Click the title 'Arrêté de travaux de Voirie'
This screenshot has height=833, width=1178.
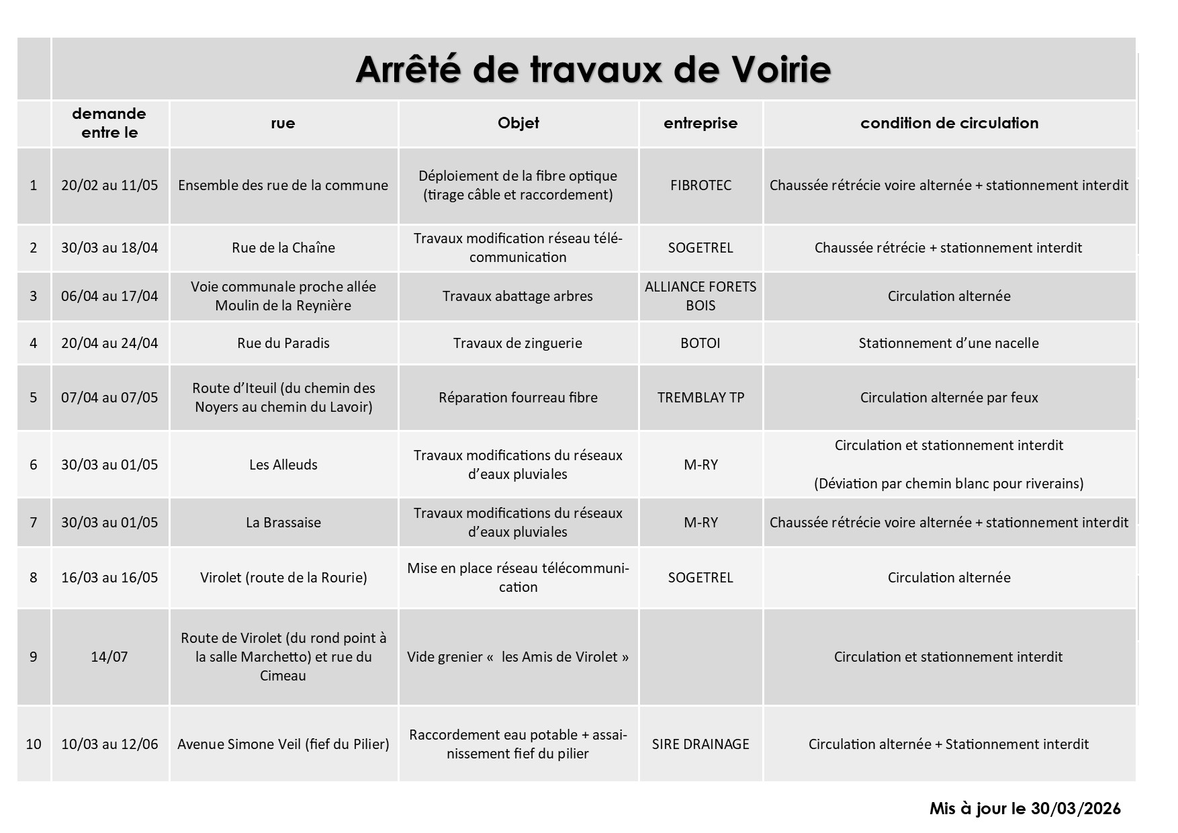593,69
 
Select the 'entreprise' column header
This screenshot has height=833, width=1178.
700,123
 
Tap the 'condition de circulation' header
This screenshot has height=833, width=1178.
949,123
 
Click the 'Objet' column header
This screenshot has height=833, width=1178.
518,123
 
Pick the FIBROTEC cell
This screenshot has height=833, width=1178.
700,185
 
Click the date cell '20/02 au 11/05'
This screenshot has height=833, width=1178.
109,185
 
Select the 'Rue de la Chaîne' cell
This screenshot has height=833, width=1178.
283,248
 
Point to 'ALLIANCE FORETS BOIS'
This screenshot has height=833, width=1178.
700,296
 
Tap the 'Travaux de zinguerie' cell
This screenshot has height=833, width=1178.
517,343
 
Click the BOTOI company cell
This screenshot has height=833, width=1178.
700,343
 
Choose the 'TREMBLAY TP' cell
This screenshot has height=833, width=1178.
700,398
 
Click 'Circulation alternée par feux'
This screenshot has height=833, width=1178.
948,398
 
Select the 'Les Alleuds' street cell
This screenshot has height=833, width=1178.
283,465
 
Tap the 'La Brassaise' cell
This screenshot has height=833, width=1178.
283,523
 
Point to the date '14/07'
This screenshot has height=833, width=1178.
109,657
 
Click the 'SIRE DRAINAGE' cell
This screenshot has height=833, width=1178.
700,744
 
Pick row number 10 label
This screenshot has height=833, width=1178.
34,744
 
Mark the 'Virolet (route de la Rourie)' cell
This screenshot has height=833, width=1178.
283,578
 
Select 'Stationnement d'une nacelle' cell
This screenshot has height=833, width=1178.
948,343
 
